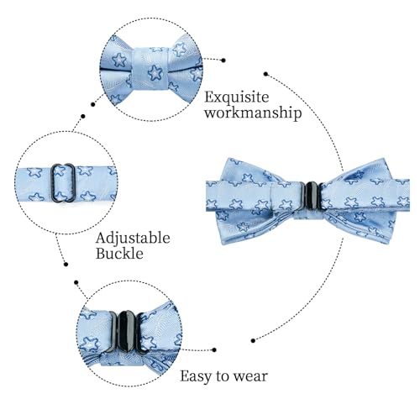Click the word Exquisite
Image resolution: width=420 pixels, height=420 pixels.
(237, 98)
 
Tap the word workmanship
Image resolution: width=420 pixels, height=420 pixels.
(253, 113)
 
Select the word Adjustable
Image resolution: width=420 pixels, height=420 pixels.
(133, 239)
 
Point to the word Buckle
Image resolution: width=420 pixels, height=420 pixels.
(119, 254)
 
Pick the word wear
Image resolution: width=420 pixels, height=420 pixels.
(251, 377)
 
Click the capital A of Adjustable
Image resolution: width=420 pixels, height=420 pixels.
(101, 239)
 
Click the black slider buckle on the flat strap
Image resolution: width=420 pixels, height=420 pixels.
(63, 182)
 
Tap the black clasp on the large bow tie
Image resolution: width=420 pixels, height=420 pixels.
(311, 196)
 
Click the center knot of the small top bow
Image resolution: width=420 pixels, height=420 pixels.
(150, 68)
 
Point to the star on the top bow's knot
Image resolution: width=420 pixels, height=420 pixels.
(155, 72)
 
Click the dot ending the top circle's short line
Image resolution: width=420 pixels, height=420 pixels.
(223, 60)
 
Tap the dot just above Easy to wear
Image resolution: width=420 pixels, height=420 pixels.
(214, 349)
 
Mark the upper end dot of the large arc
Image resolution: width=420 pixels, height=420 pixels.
(266, 74)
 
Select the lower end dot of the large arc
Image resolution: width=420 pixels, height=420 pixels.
(253, 341)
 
